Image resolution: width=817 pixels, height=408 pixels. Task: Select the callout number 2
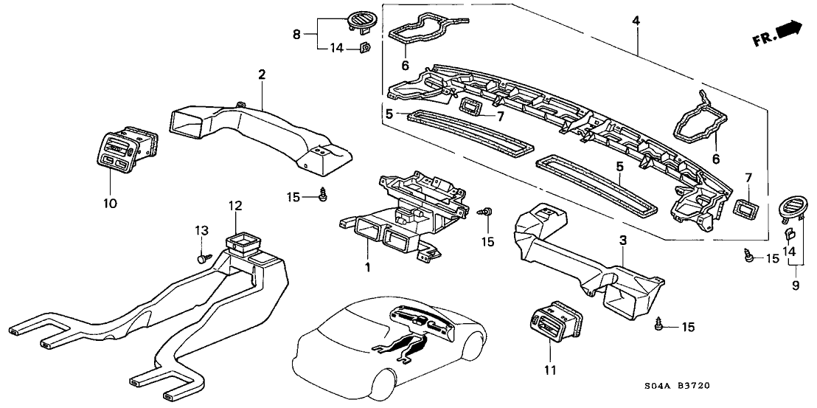click(261, 74)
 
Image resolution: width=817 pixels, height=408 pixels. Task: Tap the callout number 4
click(635, 20)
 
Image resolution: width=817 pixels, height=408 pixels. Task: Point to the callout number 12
click(234, 204)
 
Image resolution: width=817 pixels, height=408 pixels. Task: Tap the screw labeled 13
click(203, 258)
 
